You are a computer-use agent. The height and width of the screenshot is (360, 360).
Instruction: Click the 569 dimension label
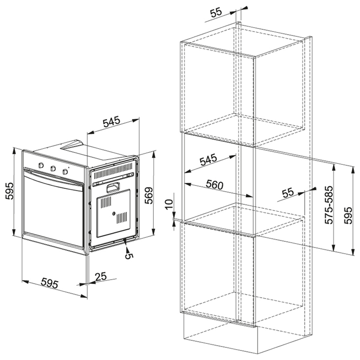click(x=149, y=195)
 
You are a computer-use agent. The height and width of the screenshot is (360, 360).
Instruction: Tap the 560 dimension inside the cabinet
click(x=214, y=184)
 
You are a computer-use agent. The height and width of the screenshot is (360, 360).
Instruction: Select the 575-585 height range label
click(x=329, y=205)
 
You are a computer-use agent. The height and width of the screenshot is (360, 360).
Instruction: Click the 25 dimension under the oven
click(x=101, y=276)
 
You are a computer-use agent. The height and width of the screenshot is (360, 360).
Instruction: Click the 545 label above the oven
click(x=111, y=122)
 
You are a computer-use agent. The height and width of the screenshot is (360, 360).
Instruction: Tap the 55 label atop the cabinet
click(x=216, y=12)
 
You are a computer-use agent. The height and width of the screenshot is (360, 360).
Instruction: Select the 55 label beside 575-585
click(x=288, y=193)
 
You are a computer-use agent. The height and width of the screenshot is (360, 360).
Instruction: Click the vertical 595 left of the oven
click(x=10, y=191)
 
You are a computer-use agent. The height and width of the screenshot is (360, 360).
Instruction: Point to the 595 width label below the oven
click(x=50, y=283)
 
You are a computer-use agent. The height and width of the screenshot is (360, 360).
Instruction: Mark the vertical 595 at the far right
click(x=348, y=215)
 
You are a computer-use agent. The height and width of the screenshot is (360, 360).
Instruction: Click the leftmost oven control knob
click(x=41, y=165)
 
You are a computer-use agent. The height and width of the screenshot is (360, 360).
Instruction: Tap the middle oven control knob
click(x=53, y=168)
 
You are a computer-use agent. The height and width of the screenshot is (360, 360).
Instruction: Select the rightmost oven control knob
click(x=66, y=171)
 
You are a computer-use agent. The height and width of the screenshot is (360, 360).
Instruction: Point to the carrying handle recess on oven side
click(x=113, y=187)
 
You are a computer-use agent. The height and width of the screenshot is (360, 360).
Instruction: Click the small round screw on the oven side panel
click(x=113, y=214)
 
